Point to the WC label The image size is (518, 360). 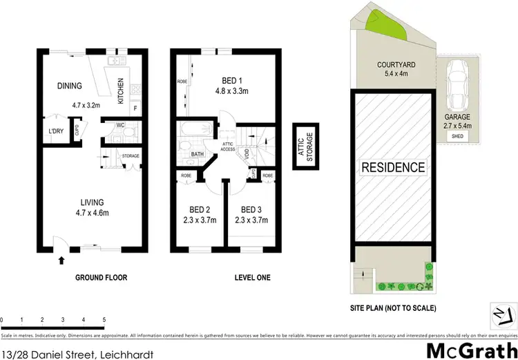pyautogui.click(x=120, y=126)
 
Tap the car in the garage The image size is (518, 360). pyautogui.click(x=457, y=86)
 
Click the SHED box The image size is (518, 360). pyautogui.click(x=457, y=137)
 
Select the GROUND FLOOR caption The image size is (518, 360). pyautogui.click(x=102, y=278)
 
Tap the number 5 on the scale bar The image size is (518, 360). pyautogui.click(x=104, y=320)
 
